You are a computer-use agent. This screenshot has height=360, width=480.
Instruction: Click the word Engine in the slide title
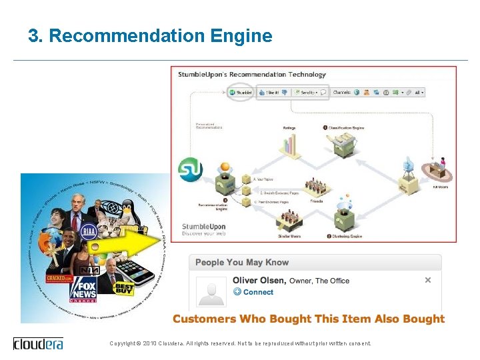(241, 36)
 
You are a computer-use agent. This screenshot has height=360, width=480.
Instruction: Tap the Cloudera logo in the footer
(38, 343)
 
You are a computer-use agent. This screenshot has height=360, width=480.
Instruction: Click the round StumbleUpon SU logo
(191, 170)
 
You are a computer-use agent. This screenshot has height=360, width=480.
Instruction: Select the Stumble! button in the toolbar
(240, 93)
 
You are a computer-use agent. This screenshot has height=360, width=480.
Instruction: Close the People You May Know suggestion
(428, 280)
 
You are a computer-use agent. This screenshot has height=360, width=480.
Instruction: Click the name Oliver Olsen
(259, 281)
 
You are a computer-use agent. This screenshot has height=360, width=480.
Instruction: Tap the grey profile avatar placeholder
(211, 291)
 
